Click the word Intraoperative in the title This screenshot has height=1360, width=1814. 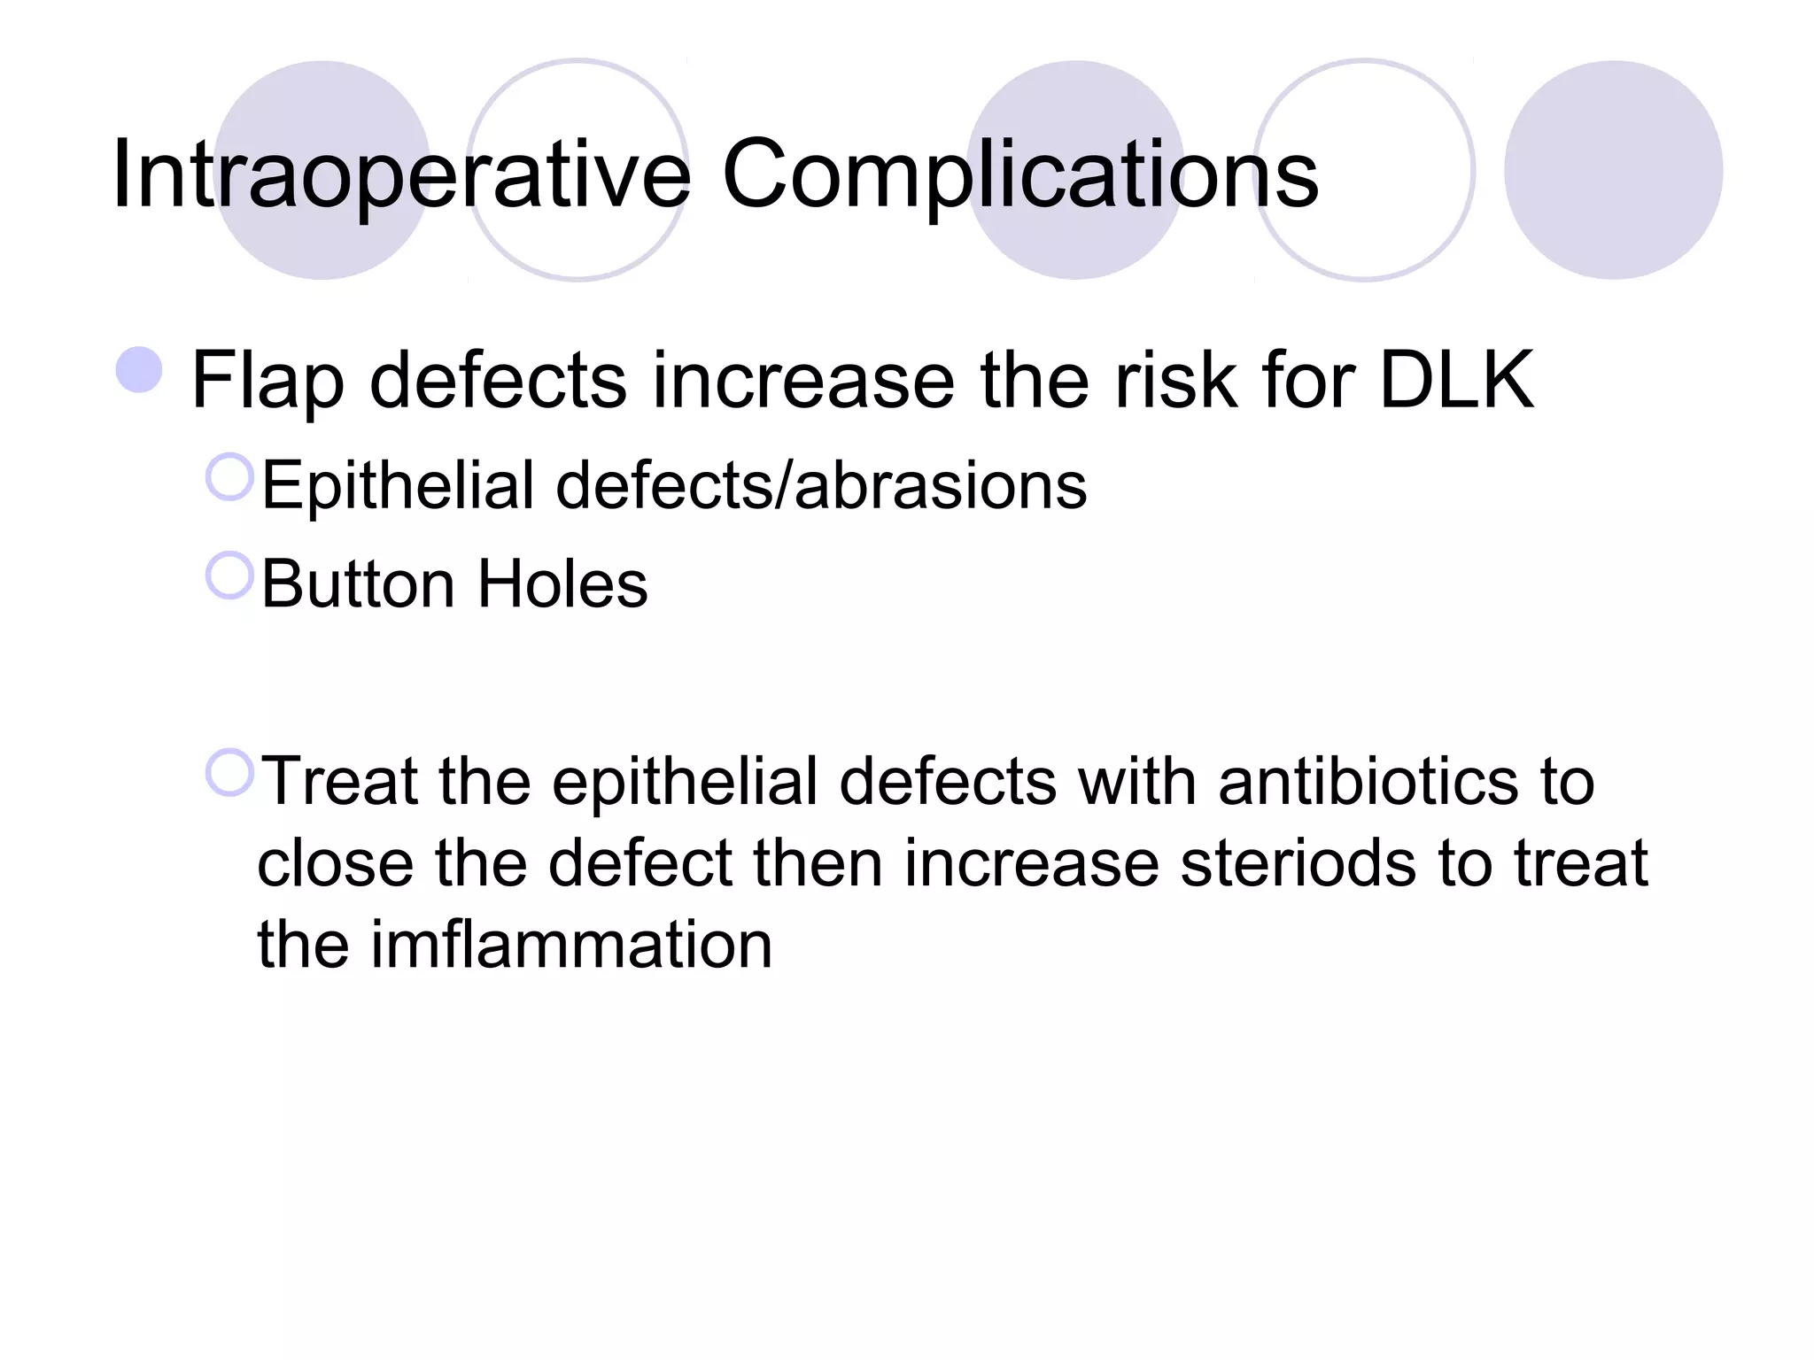[x=400, y=174]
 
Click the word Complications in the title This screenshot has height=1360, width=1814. [x=1019, y=174]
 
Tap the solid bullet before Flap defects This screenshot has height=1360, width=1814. [x=139, y=370]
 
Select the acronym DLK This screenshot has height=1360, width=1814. [x=1456, y=381]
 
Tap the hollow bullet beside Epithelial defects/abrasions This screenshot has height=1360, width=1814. [x=229, y=477]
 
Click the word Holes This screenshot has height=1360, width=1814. [x=562, y=584]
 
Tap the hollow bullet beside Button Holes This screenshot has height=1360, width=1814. [x=229, y=576]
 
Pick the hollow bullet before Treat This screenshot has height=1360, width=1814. [x=229, y=772]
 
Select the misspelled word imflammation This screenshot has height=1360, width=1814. [x=571, y=945]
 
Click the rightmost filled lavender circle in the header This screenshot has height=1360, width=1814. [x=1613, y=170]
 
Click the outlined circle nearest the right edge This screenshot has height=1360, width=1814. [x=1364, y=170]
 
